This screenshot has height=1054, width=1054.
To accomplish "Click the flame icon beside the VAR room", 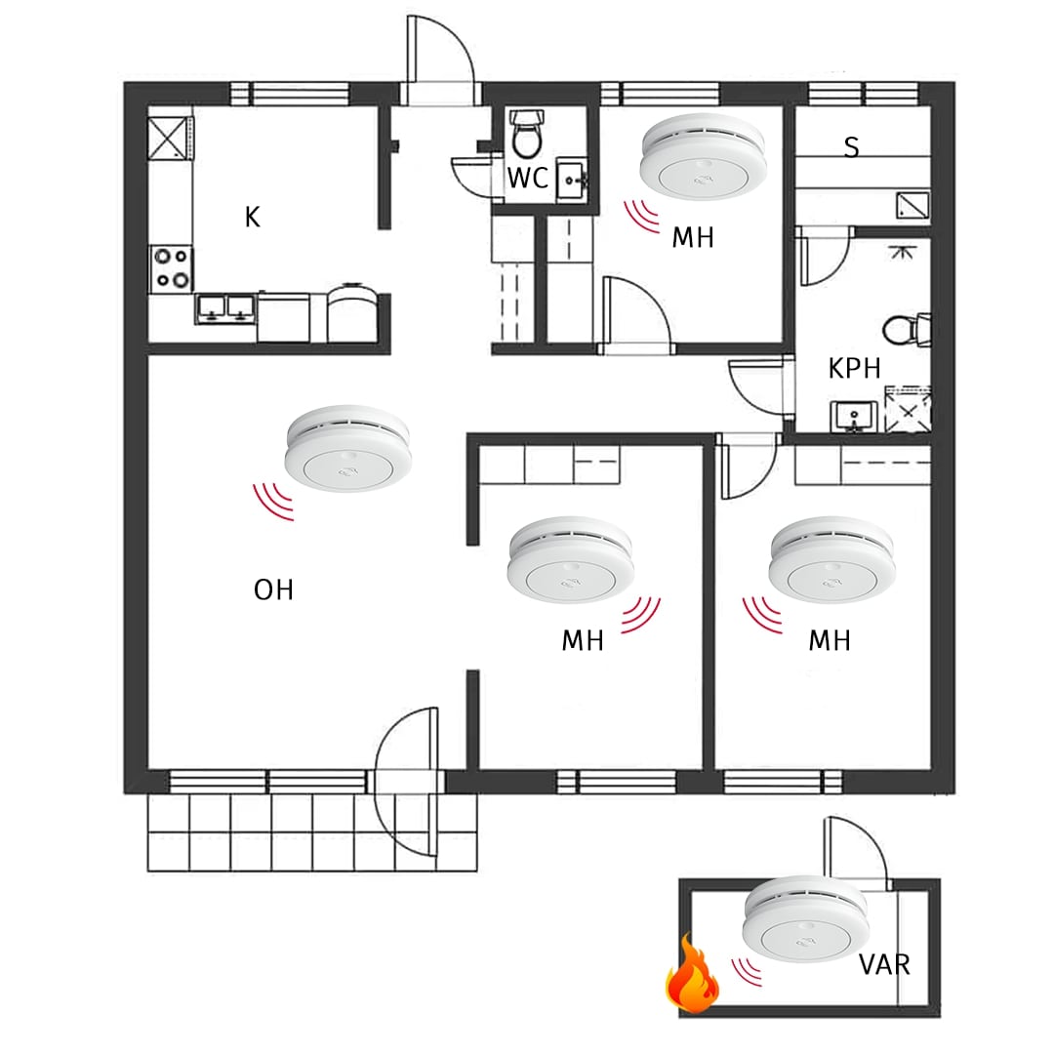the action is coord(692,973).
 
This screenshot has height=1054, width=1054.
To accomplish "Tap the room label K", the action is coord(252,217).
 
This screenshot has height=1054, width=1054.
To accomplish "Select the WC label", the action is coord(528,179).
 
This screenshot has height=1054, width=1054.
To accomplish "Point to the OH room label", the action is coord(273,589).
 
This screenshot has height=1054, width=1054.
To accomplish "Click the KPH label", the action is coord(854,368).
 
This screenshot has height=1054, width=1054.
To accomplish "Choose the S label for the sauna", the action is coord(851,146).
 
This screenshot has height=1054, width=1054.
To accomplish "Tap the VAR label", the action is coord(884,964).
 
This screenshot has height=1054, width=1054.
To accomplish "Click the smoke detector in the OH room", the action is coord(348,448).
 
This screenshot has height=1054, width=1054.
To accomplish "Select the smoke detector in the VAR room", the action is coord(805,919).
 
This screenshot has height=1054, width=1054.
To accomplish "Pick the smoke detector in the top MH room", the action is coord(702,156).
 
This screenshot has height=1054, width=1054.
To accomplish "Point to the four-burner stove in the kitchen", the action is coord(172,269).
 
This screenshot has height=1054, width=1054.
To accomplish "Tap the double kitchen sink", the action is coord(225,308).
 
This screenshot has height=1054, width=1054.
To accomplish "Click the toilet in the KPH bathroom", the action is coord(907,330).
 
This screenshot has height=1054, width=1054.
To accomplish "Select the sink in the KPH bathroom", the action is coord(854,416).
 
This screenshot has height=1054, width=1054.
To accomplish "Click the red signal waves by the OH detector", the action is coord(273,502).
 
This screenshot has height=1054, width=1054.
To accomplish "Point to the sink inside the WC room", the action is coord(572,181).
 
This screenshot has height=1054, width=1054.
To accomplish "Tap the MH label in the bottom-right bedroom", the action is coord(830,640).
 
